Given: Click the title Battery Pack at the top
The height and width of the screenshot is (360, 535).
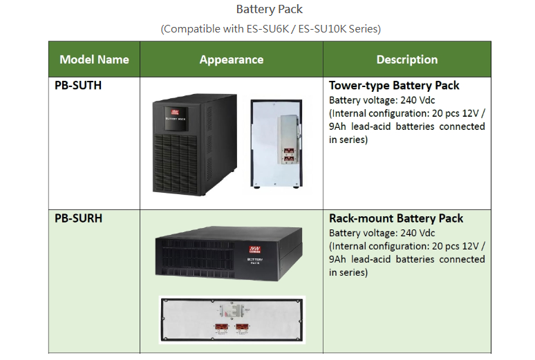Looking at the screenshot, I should coord(269,10).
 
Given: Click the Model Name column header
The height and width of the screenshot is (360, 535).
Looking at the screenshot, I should coord(94,59).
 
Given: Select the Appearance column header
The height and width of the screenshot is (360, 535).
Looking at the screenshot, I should coord(231,59).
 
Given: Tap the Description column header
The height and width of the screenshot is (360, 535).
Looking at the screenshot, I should coord(406,59).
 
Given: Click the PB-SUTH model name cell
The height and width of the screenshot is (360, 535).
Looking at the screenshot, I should coord(78,86).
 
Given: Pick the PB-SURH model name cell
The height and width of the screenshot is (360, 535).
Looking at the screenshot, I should coord(78,218).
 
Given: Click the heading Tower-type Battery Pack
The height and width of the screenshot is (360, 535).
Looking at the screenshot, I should coord(394,86).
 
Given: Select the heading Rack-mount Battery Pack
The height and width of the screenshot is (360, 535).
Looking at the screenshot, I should coord(396,218).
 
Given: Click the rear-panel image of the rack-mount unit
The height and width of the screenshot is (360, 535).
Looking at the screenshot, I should coord(232,320).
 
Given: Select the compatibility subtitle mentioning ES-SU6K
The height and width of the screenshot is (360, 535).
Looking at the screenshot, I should coord(270,29).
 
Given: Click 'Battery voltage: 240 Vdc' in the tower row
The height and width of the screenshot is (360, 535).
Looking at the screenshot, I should coord(382,100).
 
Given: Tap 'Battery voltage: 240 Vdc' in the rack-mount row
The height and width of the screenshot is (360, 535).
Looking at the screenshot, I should coord(382,233).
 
